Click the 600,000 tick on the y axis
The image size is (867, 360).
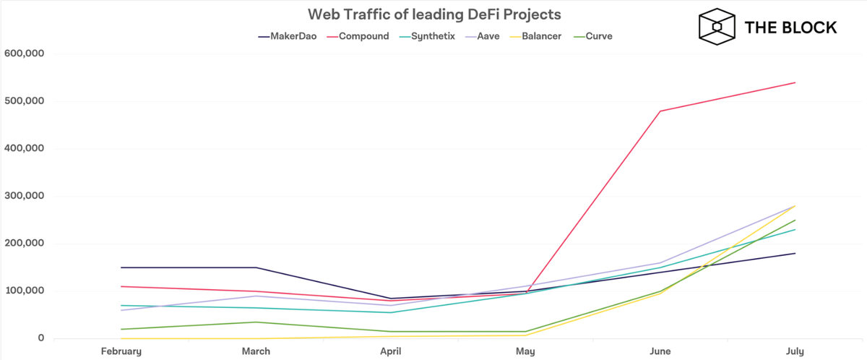(x=25, y=53)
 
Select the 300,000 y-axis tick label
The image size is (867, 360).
(x=25, y=196)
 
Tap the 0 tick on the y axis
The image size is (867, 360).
(x=41, y=338)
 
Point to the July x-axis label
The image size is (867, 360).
(x=795, y=351)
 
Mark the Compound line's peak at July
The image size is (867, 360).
(x=795, y=82)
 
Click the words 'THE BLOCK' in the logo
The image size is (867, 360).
(x=790, y=27)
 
